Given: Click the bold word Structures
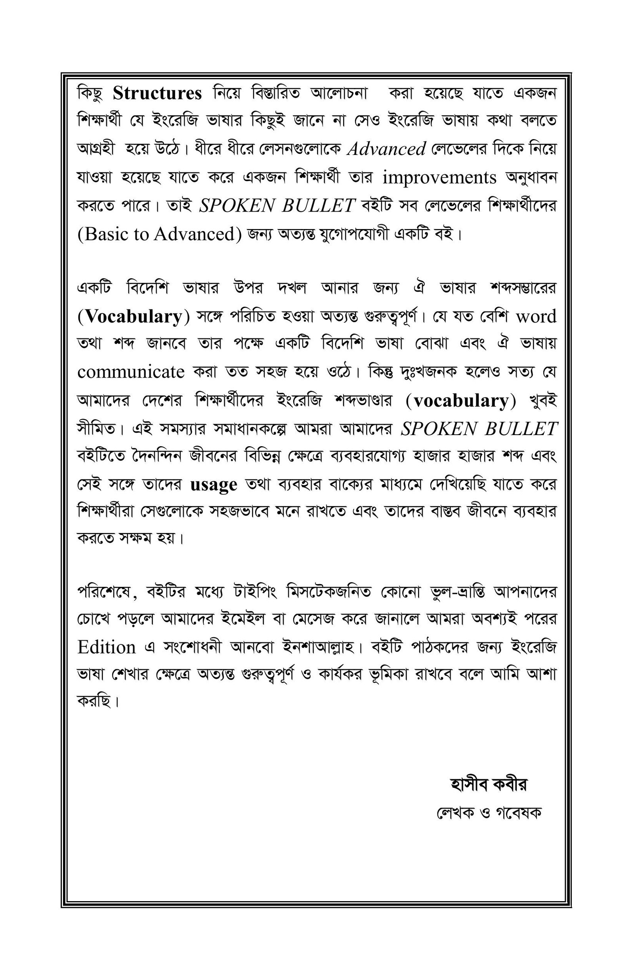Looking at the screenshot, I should tap(157, 94).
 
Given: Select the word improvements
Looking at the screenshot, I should tap(439, 178).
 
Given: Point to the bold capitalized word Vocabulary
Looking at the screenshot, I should tap(134, 317).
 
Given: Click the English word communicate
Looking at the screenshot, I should tap(131, 372).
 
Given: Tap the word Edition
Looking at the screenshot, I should tap(106, 648).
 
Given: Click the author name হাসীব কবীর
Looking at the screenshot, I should tap(489, 785).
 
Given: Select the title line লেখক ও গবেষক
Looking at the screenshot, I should tap(489, 812).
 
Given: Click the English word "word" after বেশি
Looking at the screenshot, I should tap(536, 317).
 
